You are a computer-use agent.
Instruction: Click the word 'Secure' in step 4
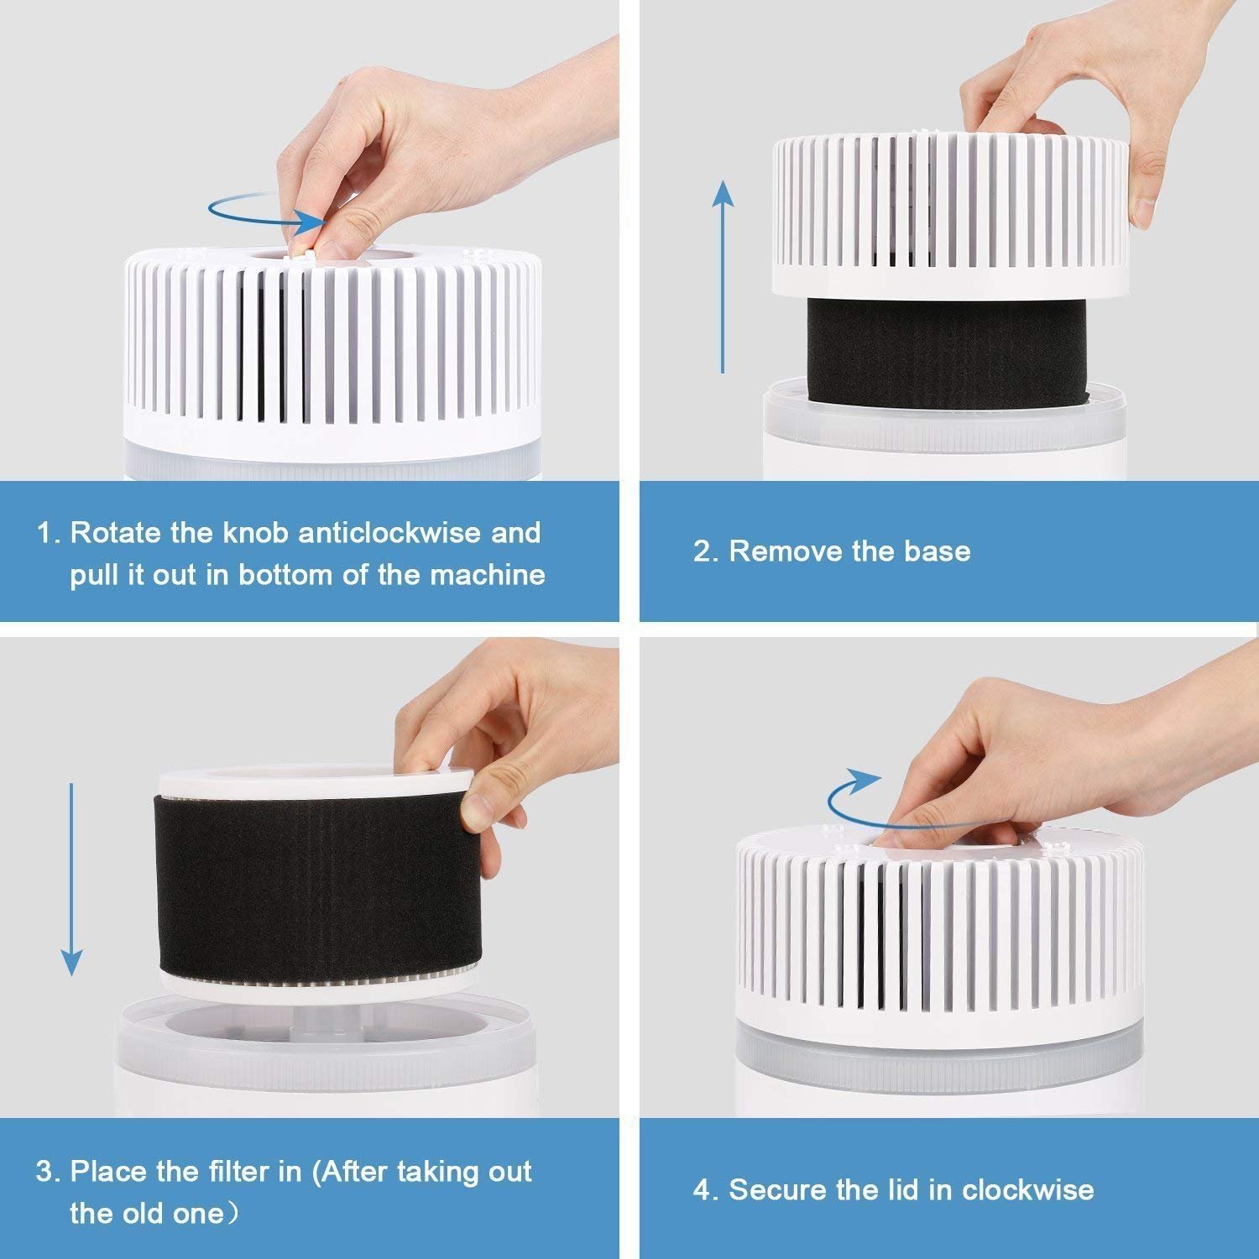click(772, 1190)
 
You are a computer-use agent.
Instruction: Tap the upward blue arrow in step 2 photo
click(723, 277)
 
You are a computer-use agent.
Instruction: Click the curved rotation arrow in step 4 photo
click(852, 797)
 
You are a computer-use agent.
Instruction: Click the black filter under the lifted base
click(946, 353)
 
